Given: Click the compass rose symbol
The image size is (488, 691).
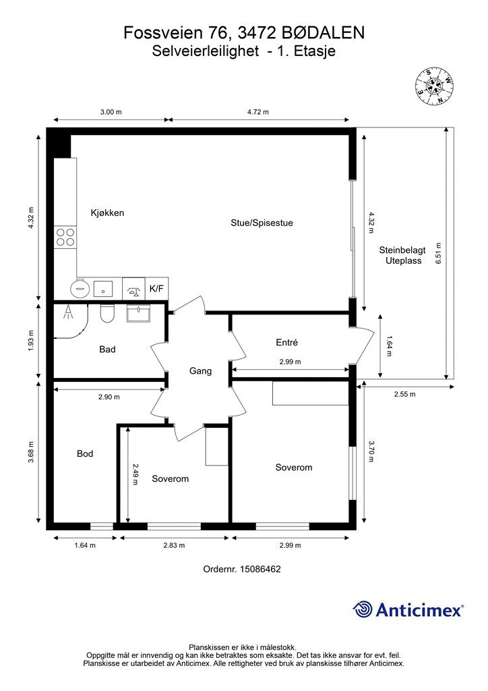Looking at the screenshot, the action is coord(435,86).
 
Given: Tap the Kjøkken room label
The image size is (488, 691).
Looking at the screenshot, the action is coord(107,213).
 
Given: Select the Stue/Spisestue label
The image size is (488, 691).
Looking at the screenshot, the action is coord(262,223).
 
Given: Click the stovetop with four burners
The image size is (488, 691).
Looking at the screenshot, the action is coord(65,237).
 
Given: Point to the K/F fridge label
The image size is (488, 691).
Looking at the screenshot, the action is coord(156,289).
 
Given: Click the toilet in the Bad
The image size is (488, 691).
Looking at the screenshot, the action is coord(107,313).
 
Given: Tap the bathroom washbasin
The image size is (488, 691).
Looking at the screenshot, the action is coord(139,313).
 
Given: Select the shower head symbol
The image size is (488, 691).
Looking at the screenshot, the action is coord(68,312).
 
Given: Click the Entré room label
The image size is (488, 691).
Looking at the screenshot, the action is coord(287,342).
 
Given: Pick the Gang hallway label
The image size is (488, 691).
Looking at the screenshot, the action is coord(201,371).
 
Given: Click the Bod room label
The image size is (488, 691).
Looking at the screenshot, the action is coord(85,453).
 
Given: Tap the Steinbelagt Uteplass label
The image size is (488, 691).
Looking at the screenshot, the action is coord(402,256).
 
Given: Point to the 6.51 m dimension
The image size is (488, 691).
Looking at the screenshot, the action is coord(438,253).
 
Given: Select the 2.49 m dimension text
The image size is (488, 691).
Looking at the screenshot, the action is coord(135,474).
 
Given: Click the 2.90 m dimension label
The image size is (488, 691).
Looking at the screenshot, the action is coord(109,397).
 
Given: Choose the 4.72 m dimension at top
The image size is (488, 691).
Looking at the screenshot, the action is coord(258,112).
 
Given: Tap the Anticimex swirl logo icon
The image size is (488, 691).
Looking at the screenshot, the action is coord(362,609).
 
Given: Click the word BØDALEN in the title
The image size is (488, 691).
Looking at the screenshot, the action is coord(323,32).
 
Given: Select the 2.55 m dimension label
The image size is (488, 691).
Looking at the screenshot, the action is coord(404,394).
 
